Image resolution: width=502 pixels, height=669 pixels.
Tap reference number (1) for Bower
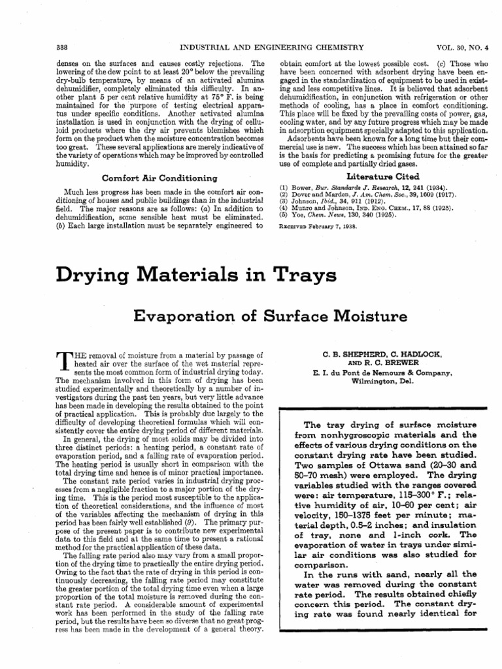pyautogui.click(x=284, y=188)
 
